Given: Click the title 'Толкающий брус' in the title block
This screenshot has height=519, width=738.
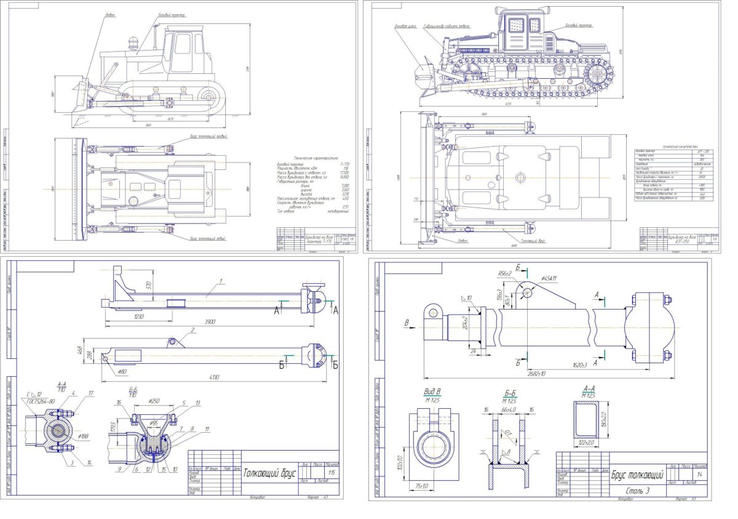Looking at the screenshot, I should tap(270, 474).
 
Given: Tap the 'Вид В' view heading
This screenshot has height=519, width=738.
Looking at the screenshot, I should tap(434, 391).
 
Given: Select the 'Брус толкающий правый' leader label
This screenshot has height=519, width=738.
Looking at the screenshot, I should tap(208, 136).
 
